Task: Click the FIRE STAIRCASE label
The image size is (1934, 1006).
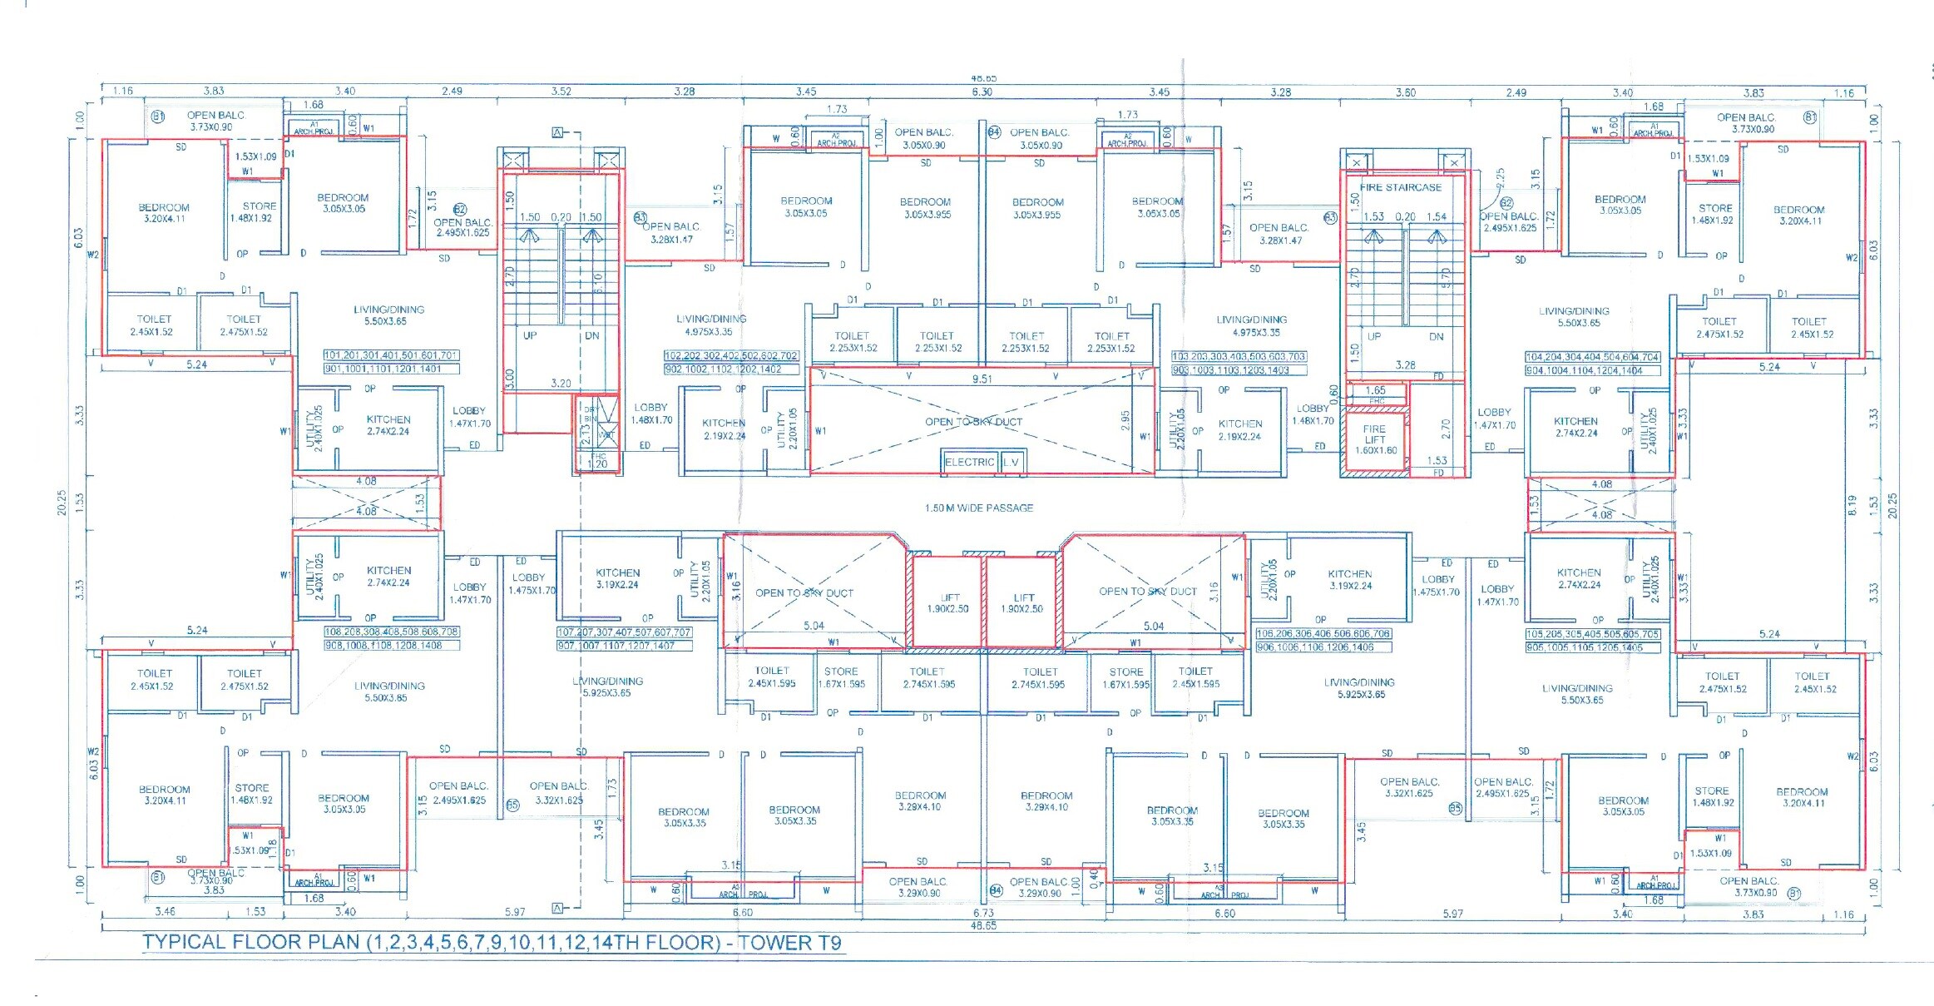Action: pos(1401,187)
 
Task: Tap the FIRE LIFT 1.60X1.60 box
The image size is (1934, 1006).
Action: pos(1375,439)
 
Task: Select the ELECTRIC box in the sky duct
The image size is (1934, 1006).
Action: pos(969,462)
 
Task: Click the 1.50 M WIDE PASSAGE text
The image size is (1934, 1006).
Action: pos(979,508)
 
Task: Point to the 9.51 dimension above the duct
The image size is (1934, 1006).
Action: pos(982,379)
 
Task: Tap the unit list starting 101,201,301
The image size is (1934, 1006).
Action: pos(391,355)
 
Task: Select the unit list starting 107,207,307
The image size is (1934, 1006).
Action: pos(624,632)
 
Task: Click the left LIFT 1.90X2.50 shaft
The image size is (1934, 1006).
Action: pos(948,603)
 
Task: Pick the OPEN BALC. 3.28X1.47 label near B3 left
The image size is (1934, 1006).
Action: pos(672,233)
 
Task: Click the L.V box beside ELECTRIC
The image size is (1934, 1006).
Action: pos(1011,462)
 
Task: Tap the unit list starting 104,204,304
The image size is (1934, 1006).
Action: pos(1592,357)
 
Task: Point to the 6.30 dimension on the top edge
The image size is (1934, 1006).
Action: pos(982,92)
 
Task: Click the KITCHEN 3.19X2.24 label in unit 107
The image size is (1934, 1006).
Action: pos(617,578)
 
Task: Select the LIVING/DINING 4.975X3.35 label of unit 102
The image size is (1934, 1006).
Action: pos(711,325)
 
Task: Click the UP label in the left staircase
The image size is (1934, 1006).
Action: pos(530,336)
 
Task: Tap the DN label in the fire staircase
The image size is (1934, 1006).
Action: pos(1437,337)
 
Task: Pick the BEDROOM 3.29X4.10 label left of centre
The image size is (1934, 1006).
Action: pos(920,800)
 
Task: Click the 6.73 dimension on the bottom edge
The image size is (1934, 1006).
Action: pos(983,913)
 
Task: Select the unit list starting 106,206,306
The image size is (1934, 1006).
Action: pos(1323,634)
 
